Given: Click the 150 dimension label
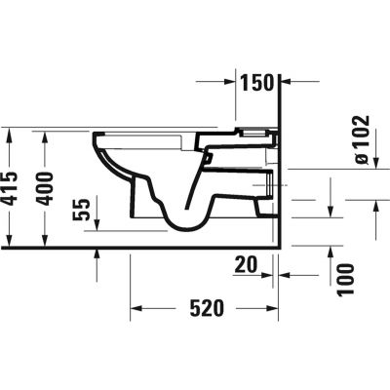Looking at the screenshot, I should (x=258, y=82).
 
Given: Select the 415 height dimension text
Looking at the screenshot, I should (x=11, y=186).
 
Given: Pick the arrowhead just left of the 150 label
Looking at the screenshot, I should (x=234, y=82).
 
